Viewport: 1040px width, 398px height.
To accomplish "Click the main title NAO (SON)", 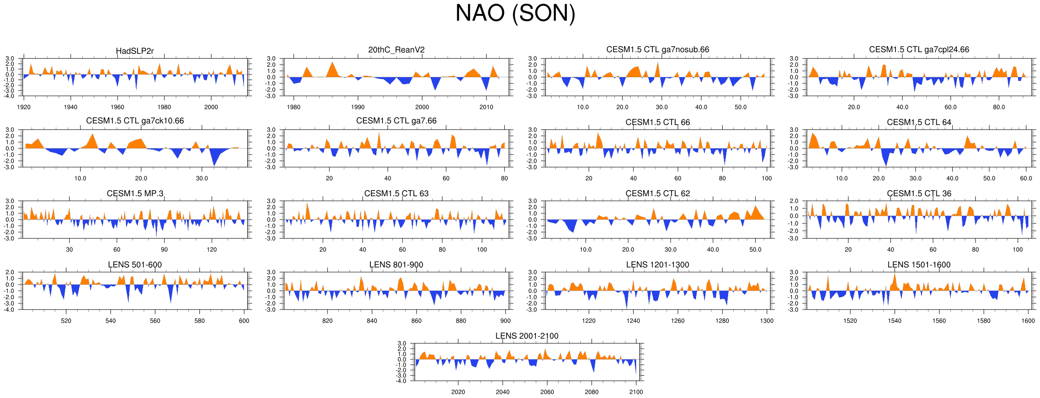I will click(x=515, y=13).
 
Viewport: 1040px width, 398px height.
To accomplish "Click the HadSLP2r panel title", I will click(x=135, y=51).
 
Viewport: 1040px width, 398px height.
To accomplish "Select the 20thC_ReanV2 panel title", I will click(x=396, y=50).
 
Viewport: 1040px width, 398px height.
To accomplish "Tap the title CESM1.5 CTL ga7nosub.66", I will click(x=658, y=50).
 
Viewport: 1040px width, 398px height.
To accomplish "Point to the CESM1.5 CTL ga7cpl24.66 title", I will click(x=919, y=50).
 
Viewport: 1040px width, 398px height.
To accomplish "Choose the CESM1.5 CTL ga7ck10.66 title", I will click(x=135, y=121).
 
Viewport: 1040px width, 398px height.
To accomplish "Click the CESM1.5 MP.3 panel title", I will click(x=135, y=193).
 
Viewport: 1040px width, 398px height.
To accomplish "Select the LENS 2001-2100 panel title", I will click(x=527, y=336).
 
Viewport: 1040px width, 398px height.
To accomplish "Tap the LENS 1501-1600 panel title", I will click(x=919, y=265).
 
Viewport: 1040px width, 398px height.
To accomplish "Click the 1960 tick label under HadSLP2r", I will click(x=118, y=107).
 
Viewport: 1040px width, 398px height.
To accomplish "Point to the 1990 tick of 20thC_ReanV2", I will click(x=358, y=107).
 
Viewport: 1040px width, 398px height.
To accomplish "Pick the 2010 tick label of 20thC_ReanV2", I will click(x=487, y=107).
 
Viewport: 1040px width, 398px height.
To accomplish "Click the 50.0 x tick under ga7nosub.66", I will click(x=741, y=107).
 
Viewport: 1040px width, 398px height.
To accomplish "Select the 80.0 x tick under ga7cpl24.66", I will click(x=999, y=107).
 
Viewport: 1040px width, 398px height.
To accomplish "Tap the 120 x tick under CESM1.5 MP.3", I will click(x=211, y=250).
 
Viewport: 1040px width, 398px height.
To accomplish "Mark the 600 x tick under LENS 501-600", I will click(x=244, y=321).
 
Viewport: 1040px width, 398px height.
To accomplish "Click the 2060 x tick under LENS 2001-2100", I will click(x=547, y=392).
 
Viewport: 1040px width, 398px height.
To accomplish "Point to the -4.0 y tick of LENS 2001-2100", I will click(x=402, y=381).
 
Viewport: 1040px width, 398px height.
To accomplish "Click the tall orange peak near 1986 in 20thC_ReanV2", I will click(x=332, y=65).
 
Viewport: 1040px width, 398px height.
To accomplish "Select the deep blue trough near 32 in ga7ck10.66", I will click(x=214, y=163).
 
